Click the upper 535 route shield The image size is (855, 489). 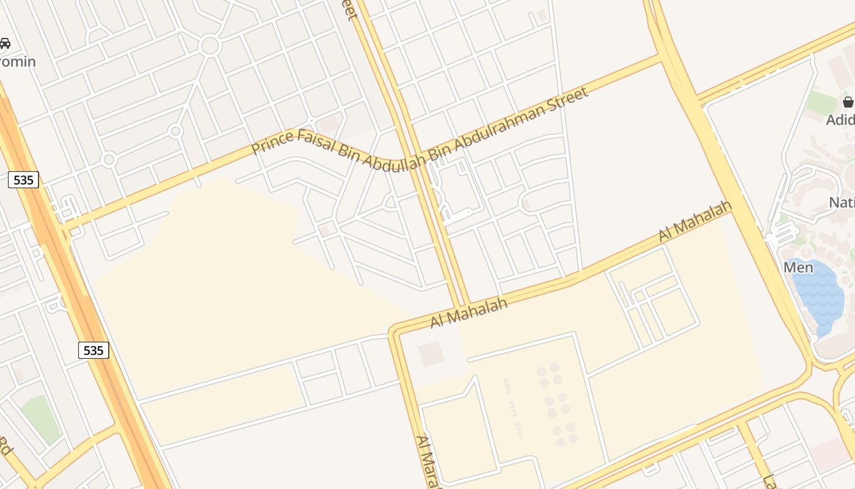pyautogui.click(x=24, y=180)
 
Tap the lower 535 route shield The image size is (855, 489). pyautogui.click(x=93, y=350)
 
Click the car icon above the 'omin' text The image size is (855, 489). pyautogui.click(x=5, y=43)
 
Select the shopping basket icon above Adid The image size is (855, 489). pyautogui.click(x=848, y=101)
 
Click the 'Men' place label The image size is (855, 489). pyautogui.click(x=798, y=267)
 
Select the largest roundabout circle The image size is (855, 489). pyautogui.click(x=209, y=45)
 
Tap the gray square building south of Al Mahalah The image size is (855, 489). pyautogui.click(x=432, y=354)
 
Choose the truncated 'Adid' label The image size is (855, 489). pyautogui.click(x=840, y=120)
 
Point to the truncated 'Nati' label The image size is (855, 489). pyautogui.click(x=842, y=202)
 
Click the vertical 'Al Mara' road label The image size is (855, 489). pyautogui.click(x=428, y=461)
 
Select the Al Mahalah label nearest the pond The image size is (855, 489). pyautogui.click(x=695, y=221)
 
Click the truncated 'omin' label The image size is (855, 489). pyautogui.click(x=18, y=62)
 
